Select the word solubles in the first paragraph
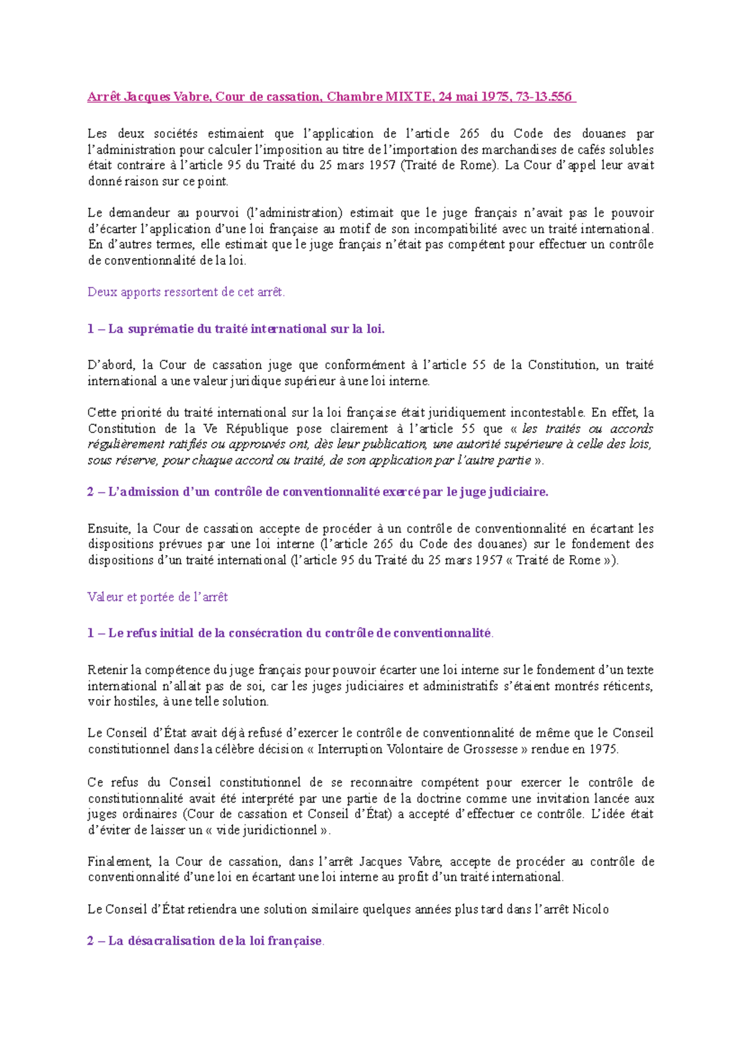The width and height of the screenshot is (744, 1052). click(630, 149)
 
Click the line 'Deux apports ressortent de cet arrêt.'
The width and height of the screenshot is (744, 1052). click(186, 292)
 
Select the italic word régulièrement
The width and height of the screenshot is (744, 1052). click(126, 444)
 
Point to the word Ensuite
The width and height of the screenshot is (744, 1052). click(108, 528)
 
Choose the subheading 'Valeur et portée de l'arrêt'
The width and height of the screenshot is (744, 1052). click(157, 597)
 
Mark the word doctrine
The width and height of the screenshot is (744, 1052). click(438, 798)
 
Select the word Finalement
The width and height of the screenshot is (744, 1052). click(120, 862)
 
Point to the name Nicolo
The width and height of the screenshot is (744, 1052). click(590, 909)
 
